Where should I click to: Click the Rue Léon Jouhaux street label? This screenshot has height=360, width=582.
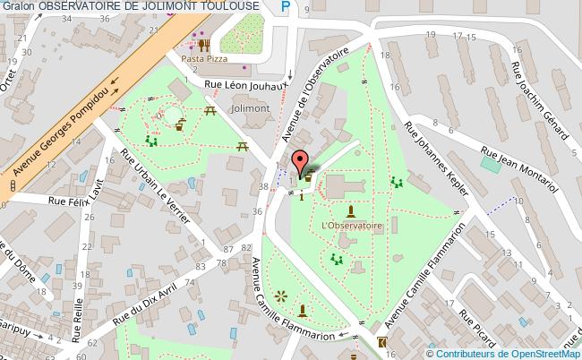point(244,86)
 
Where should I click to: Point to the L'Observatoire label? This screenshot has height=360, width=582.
point(351,227)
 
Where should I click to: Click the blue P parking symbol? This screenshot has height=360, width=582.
point(286,7)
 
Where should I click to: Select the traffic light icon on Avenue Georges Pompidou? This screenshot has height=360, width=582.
point(13,184)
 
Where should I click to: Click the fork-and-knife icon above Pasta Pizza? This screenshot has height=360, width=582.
point(204,44)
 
